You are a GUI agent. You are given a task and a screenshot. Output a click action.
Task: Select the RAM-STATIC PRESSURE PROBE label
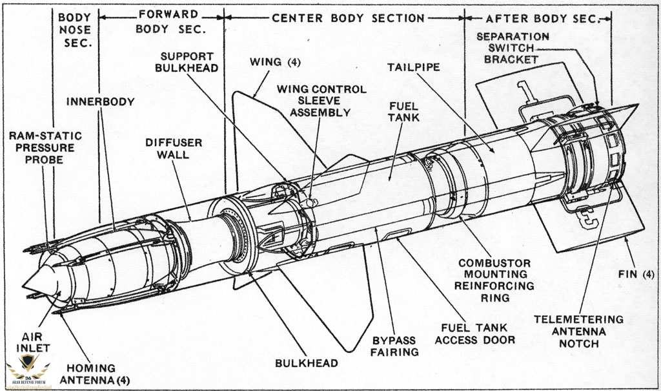click(x=46, y=147)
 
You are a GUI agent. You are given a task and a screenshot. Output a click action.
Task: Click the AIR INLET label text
click(x=36, y=343)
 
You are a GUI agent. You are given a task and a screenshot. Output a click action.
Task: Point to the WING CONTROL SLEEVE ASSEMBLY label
click(x=320, y=100)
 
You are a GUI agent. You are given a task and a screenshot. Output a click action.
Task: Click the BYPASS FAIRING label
click(x=394, y=346)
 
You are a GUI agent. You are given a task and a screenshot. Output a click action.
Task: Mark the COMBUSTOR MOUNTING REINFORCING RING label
click(x=494, y=280)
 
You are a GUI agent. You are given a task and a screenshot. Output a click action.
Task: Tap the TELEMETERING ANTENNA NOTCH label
click(x=579, y=330)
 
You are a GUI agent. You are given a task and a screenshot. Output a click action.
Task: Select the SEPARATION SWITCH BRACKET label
click(x=513, y=48)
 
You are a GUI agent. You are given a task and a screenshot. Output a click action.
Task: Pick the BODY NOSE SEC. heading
click(x=75, y=30)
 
